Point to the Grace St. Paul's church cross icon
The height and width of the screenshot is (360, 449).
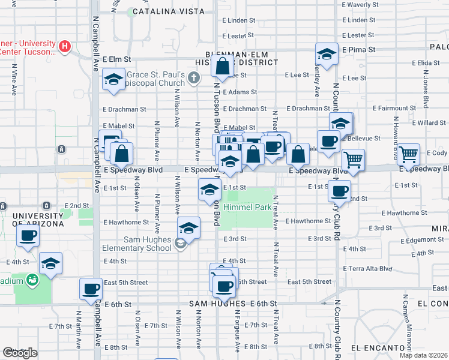pos(193,77)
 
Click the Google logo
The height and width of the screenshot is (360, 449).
pos(20,353)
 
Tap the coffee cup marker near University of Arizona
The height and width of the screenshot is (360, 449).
pos(28,236)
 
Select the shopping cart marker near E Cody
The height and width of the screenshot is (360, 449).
pos(409,154)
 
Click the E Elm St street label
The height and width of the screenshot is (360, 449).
pos(116,59)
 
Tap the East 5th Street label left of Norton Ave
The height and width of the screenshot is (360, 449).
pos(125,282)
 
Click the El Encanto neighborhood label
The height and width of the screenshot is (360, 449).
pos(375,348)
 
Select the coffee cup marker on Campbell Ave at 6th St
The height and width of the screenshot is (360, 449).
pos(91,289)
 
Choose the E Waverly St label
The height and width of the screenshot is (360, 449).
pos(360,5)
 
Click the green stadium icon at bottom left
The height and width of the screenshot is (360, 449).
pos(32,278)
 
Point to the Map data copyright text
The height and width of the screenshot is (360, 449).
pos(423,355)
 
